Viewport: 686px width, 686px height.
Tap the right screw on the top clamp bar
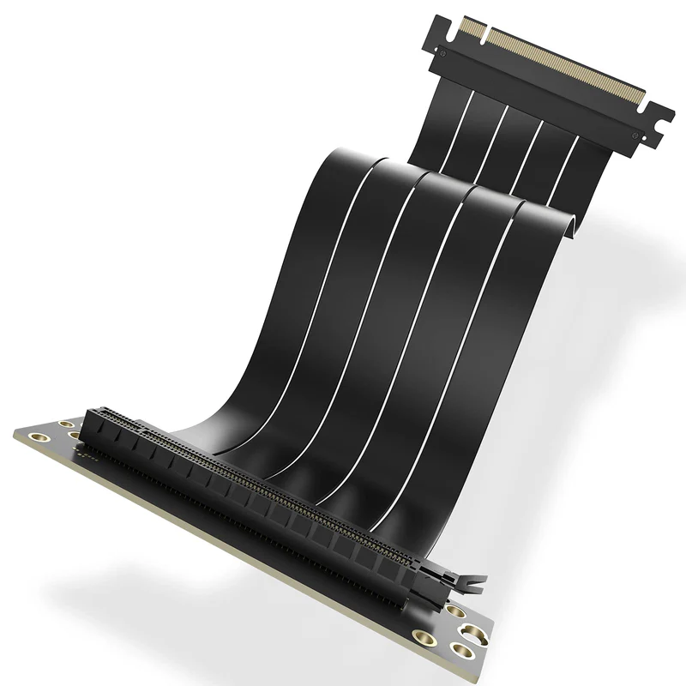pyautogui.click(x=635, y=135)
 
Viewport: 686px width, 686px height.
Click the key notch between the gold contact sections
pyautogui.click(x=484, y=38)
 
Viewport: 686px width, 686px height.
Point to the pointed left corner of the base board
pyautogui.click(x=15, y=435)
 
